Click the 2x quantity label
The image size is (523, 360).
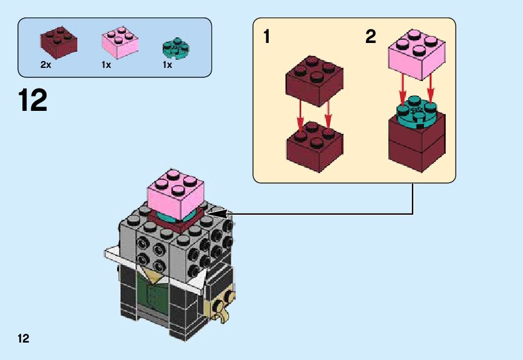46,65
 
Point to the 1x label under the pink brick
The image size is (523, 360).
106,65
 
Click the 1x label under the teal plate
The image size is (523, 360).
167,65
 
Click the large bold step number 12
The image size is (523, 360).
33,100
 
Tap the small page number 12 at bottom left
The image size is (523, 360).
24,339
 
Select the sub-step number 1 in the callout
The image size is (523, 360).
267,37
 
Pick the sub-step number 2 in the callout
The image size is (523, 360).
371,37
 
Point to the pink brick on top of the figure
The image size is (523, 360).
176,191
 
